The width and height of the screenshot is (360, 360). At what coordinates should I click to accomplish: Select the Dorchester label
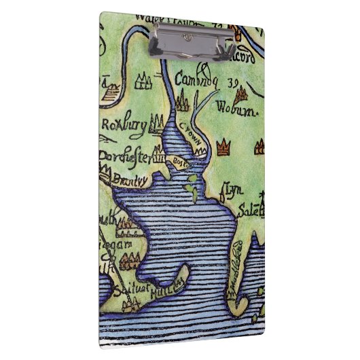pos(125,156)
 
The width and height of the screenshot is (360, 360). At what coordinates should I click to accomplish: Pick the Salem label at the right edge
pos(250,211)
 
